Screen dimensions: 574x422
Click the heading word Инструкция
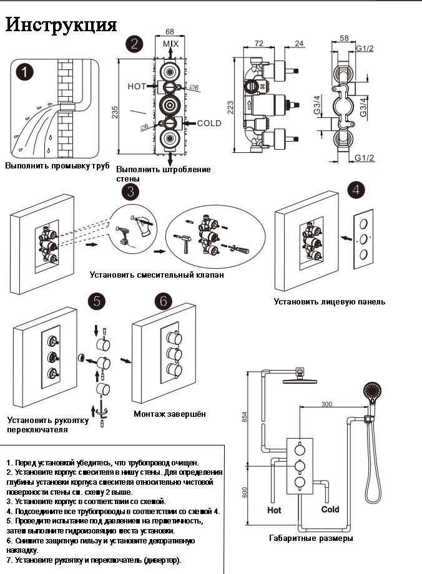click(61, 24)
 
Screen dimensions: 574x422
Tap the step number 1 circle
click(24, 72)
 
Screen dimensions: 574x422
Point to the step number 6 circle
click(164, 301)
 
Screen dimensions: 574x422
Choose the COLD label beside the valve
click(209, 123)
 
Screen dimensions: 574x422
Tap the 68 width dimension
click(170, 32)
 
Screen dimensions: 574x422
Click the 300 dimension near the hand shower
click(326, 404)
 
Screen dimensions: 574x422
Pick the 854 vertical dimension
click(245, 417)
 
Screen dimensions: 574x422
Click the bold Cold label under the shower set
click(330, 509)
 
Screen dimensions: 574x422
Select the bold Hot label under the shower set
click(274, 510)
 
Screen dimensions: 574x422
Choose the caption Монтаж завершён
click(170, 414)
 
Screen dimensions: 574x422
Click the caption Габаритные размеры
click(311, 538)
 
